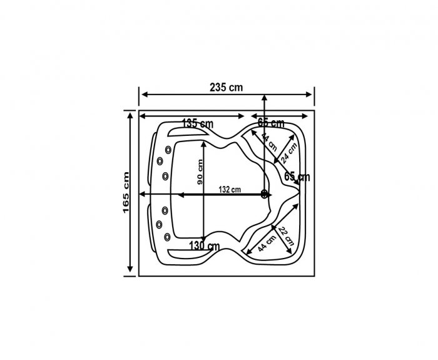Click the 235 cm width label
227,87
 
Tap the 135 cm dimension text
198,123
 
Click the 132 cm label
230,189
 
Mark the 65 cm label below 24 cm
297,177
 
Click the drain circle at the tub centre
265,194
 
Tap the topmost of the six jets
169,149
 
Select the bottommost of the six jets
169,237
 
